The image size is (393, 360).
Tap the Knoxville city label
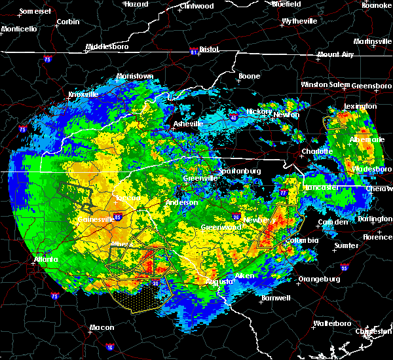[83, 94]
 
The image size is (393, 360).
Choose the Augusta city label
[217, 281]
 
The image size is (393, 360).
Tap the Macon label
[101, 327]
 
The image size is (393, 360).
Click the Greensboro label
[371, 86]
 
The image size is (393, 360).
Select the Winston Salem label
[325, 84]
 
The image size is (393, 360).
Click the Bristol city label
[208, 49]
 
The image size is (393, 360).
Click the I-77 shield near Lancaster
[283, 193]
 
